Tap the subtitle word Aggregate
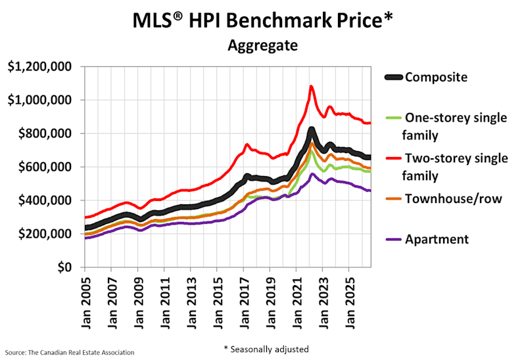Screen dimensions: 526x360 coord(262,45)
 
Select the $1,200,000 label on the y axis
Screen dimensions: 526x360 coord(39,67)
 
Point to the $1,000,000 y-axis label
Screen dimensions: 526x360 coord(39,100)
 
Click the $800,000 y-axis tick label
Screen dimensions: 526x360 coord(45,133)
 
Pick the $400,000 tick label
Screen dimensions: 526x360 coord(45,200)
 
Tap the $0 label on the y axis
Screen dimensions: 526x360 coord(64,267)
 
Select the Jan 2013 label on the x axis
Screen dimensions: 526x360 coord(191,303)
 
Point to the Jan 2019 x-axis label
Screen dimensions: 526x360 coord(270,303)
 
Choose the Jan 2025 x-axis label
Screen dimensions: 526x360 coord(349,303)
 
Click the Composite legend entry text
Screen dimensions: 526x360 coord(436,77)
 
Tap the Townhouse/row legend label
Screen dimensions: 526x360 coord(454,199)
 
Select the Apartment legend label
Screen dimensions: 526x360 coord(437,239)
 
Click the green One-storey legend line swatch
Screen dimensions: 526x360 coord(393,118)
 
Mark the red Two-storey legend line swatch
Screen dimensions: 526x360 coord(393,158)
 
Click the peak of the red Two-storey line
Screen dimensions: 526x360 coord(311,86)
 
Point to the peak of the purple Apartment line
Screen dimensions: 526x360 coord(312,174)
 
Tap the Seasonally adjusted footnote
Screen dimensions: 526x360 coord(266,349)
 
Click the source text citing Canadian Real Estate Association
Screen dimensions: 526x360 coord(70,353)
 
